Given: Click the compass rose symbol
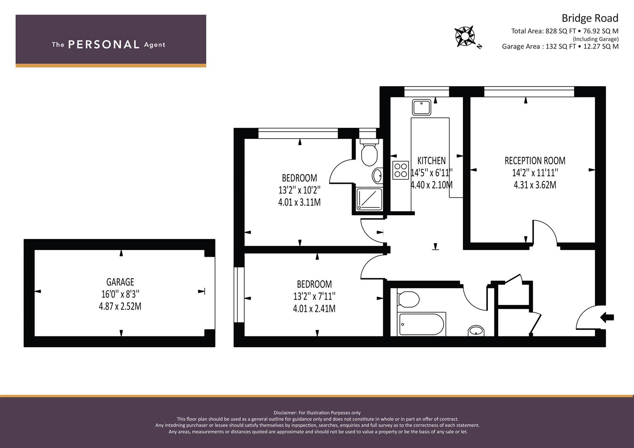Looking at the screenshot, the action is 465,37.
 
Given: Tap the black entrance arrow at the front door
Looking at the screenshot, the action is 607,317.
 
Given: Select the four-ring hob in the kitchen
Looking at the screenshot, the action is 401,170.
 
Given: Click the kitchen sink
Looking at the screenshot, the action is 421,107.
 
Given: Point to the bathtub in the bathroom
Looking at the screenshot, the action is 421,324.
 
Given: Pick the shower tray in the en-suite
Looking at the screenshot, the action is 369,199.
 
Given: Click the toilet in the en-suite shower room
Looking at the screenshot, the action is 370,152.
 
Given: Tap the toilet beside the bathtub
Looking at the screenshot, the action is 408,299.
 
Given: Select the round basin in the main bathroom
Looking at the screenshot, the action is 476,331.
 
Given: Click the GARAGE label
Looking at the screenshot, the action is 120,282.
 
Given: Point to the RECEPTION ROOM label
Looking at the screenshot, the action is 535,161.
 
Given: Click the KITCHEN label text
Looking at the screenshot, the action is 431,161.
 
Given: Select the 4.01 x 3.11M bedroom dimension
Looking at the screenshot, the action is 299,202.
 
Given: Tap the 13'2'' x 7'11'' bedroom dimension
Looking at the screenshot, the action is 314,296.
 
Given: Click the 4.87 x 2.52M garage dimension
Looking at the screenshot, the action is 120,306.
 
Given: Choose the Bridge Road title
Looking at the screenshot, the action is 590,18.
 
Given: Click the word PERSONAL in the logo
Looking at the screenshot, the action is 104,44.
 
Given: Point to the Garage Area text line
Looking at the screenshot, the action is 561,46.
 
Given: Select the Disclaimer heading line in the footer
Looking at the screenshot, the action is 317,413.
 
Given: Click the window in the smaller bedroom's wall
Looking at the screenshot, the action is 239,295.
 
